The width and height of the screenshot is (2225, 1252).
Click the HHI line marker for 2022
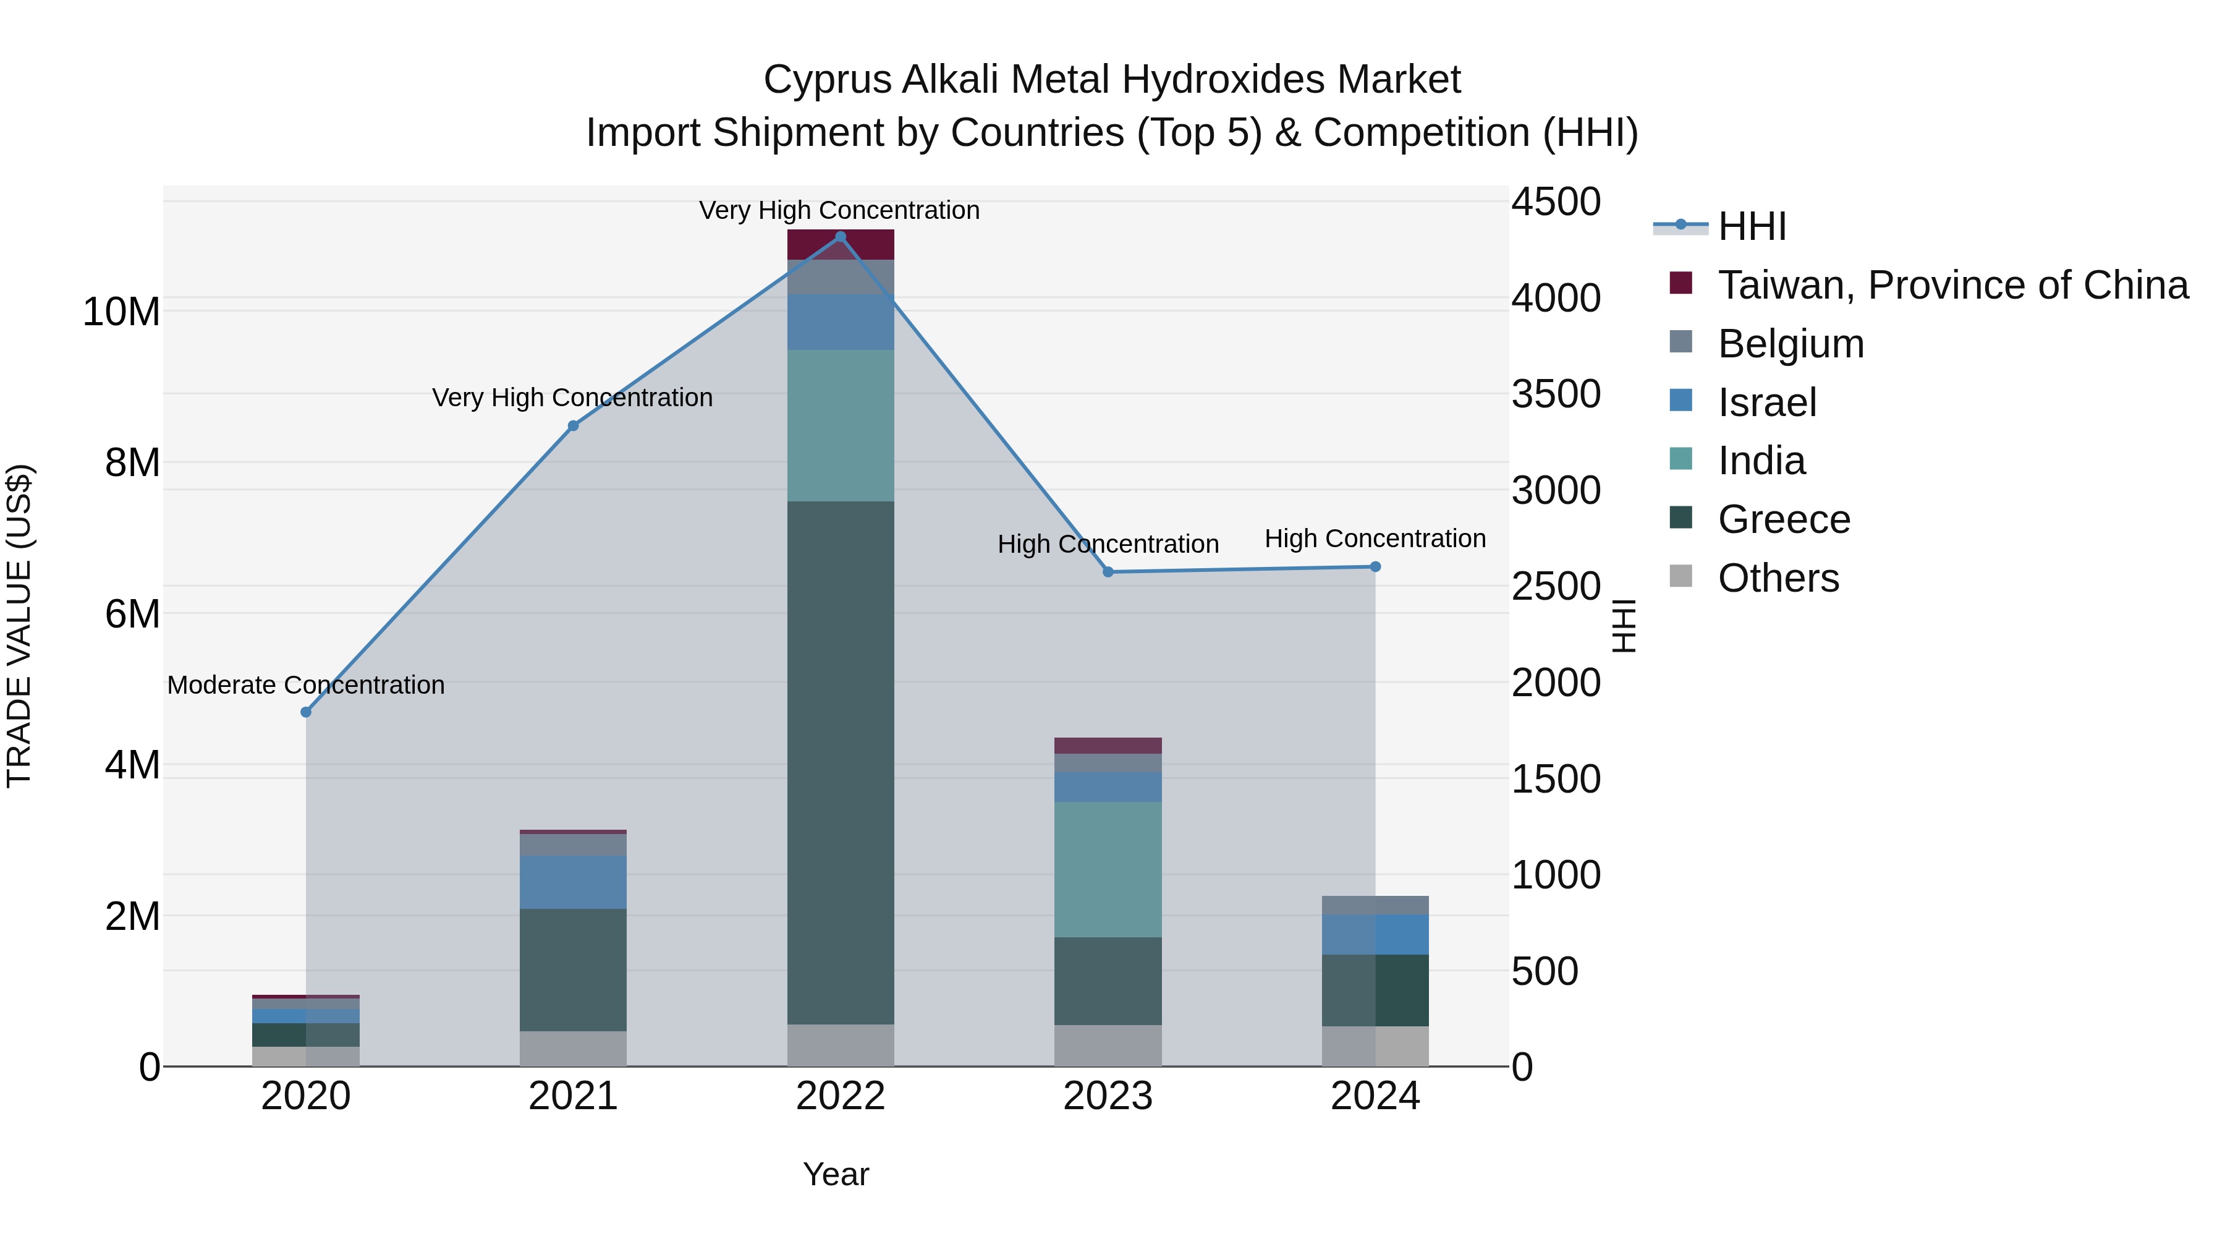(841, 237)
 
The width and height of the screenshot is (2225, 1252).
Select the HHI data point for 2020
(306, 712)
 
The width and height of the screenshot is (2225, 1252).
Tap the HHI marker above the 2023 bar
(1108, 572)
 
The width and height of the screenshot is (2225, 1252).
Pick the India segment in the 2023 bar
(1108, 869)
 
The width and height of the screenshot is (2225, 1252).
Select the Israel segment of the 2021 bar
(573, 882)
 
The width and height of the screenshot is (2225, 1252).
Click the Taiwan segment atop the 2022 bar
(841, 244)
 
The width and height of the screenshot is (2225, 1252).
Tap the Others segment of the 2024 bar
(1375, 1046)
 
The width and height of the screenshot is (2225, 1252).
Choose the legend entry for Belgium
(1791, 344)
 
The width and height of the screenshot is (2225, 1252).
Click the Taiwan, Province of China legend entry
(1952, 285)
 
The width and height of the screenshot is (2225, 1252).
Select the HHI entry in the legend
(1752, 226)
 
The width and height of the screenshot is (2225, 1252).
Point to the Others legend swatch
(1681, 576)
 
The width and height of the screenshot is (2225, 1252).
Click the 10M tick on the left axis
(121, 312)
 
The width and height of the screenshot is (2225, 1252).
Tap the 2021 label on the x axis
(573, 1096)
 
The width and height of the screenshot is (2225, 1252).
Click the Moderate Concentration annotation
(306, 685)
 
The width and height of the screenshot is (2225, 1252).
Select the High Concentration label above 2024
(1375, 539)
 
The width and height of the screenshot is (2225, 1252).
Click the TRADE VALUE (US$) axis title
(19, 626)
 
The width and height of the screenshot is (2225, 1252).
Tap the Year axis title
(835, 1174)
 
